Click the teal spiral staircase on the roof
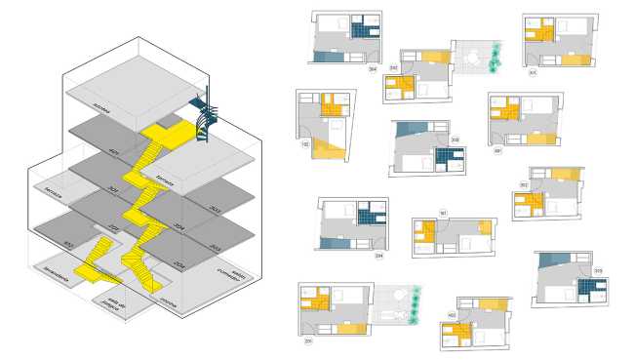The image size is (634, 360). pos(206,117)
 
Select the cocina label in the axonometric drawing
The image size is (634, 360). pos(169,291)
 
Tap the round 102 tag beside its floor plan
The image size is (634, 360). pos(305,144)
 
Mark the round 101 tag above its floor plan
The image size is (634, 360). pos(443,213)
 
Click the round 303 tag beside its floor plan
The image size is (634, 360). pos(597,270)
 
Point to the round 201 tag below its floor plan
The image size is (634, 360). pos(307,341)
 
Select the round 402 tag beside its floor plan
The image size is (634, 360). pos(452,315)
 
